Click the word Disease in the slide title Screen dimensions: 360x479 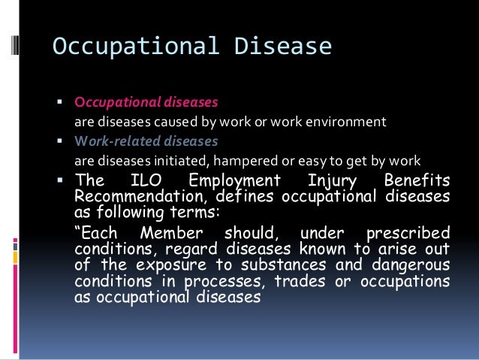283,47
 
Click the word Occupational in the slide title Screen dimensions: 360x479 134,47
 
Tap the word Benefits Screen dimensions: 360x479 417,180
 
